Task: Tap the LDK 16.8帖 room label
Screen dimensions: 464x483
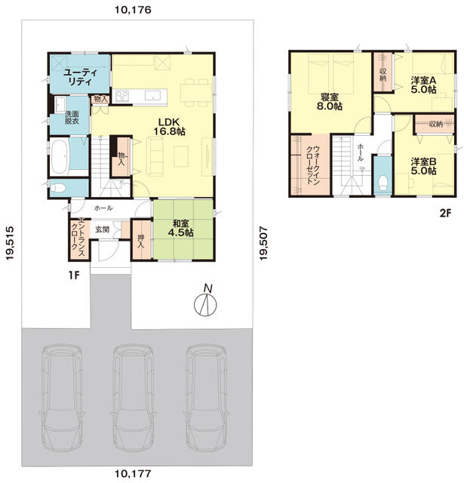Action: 169,126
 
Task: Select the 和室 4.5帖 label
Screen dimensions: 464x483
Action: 181,228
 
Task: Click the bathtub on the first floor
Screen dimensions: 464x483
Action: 60,157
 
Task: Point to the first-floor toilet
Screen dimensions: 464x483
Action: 58,188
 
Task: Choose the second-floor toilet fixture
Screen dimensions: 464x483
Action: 383,183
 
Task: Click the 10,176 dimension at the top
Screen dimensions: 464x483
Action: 133,10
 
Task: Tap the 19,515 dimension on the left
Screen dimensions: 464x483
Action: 10,243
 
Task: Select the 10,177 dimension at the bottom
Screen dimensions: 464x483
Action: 133,473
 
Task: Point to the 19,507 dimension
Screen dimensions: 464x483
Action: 263,243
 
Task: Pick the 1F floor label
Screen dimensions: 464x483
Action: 74,275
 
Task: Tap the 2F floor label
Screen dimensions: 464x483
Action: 445,213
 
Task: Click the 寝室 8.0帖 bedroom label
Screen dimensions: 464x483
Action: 330,102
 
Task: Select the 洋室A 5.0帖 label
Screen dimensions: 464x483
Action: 424,85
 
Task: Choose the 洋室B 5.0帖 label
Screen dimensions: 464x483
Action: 424,166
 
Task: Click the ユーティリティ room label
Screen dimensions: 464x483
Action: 80,77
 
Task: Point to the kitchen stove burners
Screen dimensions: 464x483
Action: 122,96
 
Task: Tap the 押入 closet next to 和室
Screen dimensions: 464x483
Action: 142,239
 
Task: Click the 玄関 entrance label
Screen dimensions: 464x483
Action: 102,229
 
